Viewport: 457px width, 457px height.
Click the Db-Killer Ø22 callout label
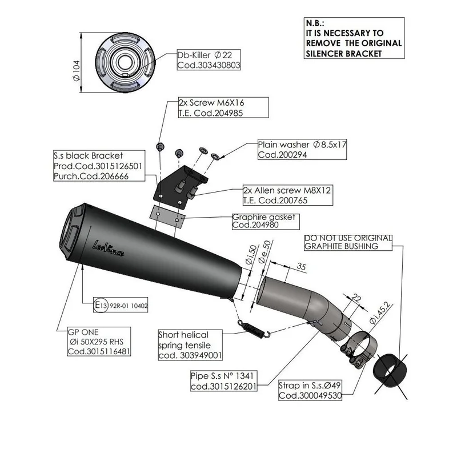209,60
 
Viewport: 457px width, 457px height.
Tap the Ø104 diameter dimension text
76,71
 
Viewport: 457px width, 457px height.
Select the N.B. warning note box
354,38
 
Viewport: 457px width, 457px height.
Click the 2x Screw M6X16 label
223,107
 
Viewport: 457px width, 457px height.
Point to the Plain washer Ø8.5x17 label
302,149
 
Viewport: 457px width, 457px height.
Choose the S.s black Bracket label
99,166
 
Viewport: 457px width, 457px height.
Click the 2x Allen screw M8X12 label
288,195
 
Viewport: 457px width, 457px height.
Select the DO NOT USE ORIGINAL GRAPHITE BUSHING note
348,242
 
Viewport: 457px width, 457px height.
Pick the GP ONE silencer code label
99,341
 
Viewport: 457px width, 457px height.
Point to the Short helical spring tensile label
190,345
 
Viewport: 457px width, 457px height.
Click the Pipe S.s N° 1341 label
224,380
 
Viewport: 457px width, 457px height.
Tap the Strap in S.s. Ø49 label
310,390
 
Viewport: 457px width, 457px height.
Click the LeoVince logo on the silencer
108,248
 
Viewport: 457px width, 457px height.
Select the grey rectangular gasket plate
167,217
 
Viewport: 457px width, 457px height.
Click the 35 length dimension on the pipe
302,267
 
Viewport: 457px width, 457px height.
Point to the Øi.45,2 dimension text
380,312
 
